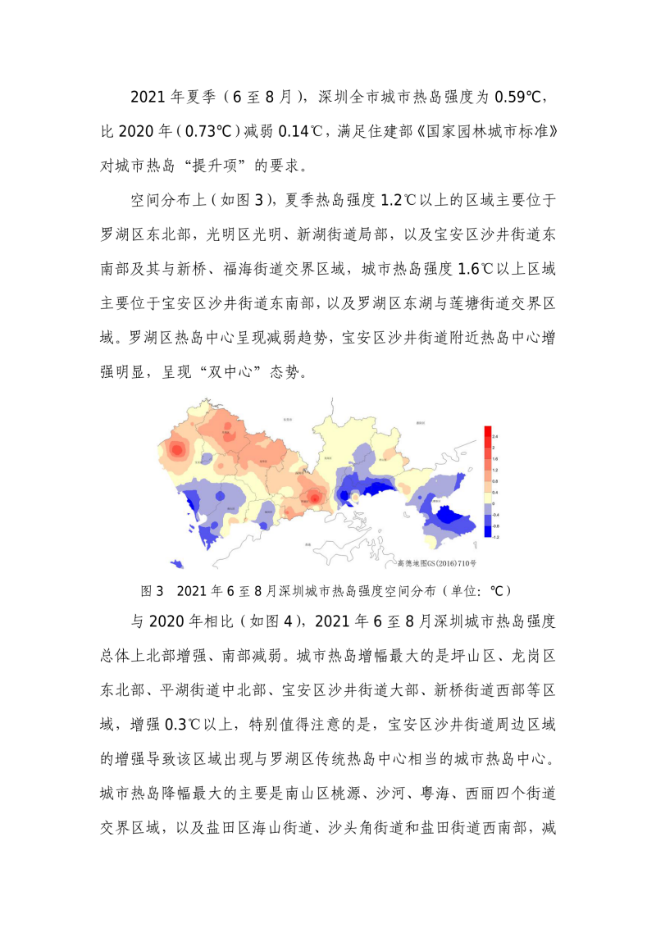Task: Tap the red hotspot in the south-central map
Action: [x=315, y=497]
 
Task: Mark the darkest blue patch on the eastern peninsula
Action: [x=448, y=516]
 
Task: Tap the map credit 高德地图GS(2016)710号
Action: [x=436, y=563]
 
